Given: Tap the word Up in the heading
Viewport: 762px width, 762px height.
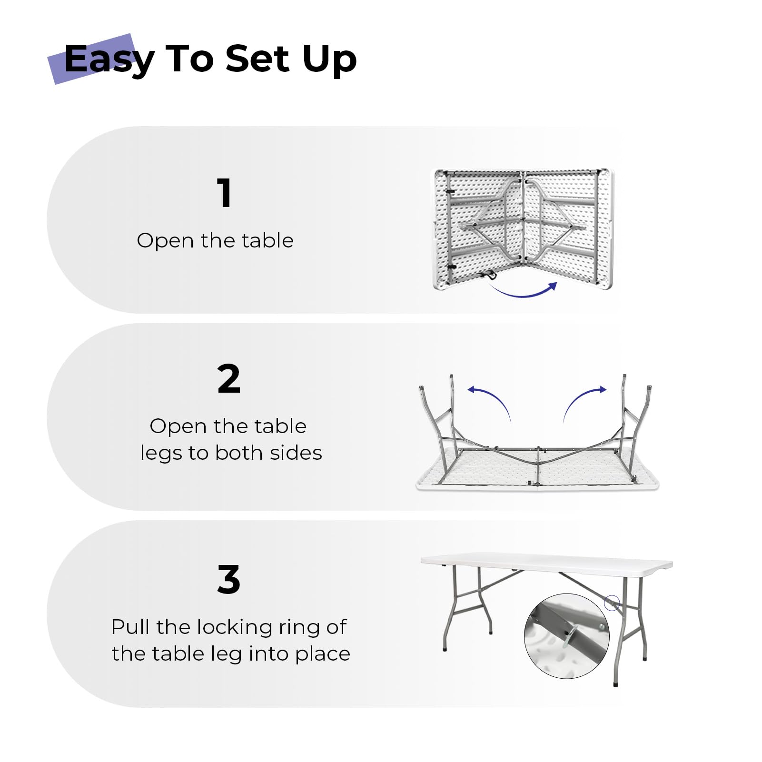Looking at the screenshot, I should tap(329, 59).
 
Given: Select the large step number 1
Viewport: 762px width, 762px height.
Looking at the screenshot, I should tap(225, 193).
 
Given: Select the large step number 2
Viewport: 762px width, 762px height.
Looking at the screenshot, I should tap(228, 379).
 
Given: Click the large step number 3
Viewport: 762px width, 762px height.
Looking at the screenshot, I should tap(228, 580).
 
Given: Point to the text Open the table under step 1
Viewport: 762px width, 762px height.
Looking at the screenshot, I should tap(215, 240).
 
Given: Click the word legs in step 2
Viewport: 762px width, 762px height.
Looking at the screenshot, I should tap(160, 454).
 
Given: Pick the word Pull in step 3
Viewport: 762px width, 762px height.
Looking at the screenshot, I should tap(131, 627).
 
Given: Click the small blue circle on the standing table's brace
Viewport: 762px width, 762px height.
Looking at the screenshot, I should tap(612, 603).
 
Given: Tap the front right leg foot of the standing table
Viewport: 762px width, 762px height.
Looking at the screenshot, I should tap(616, 683).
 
